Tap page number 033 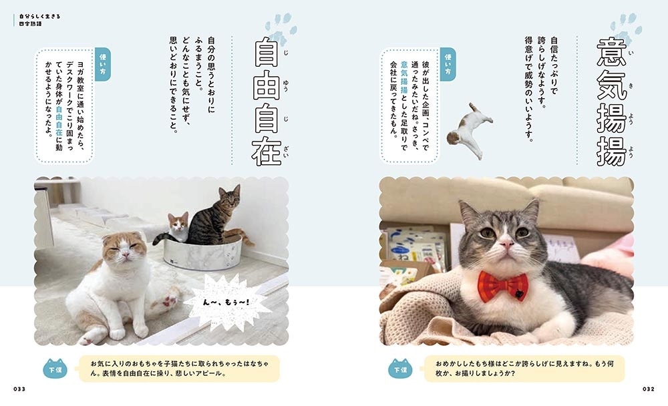18,389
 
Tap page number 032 648,389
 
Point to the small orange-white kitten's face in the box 178,226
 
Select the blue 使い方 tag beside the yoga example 102,64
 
